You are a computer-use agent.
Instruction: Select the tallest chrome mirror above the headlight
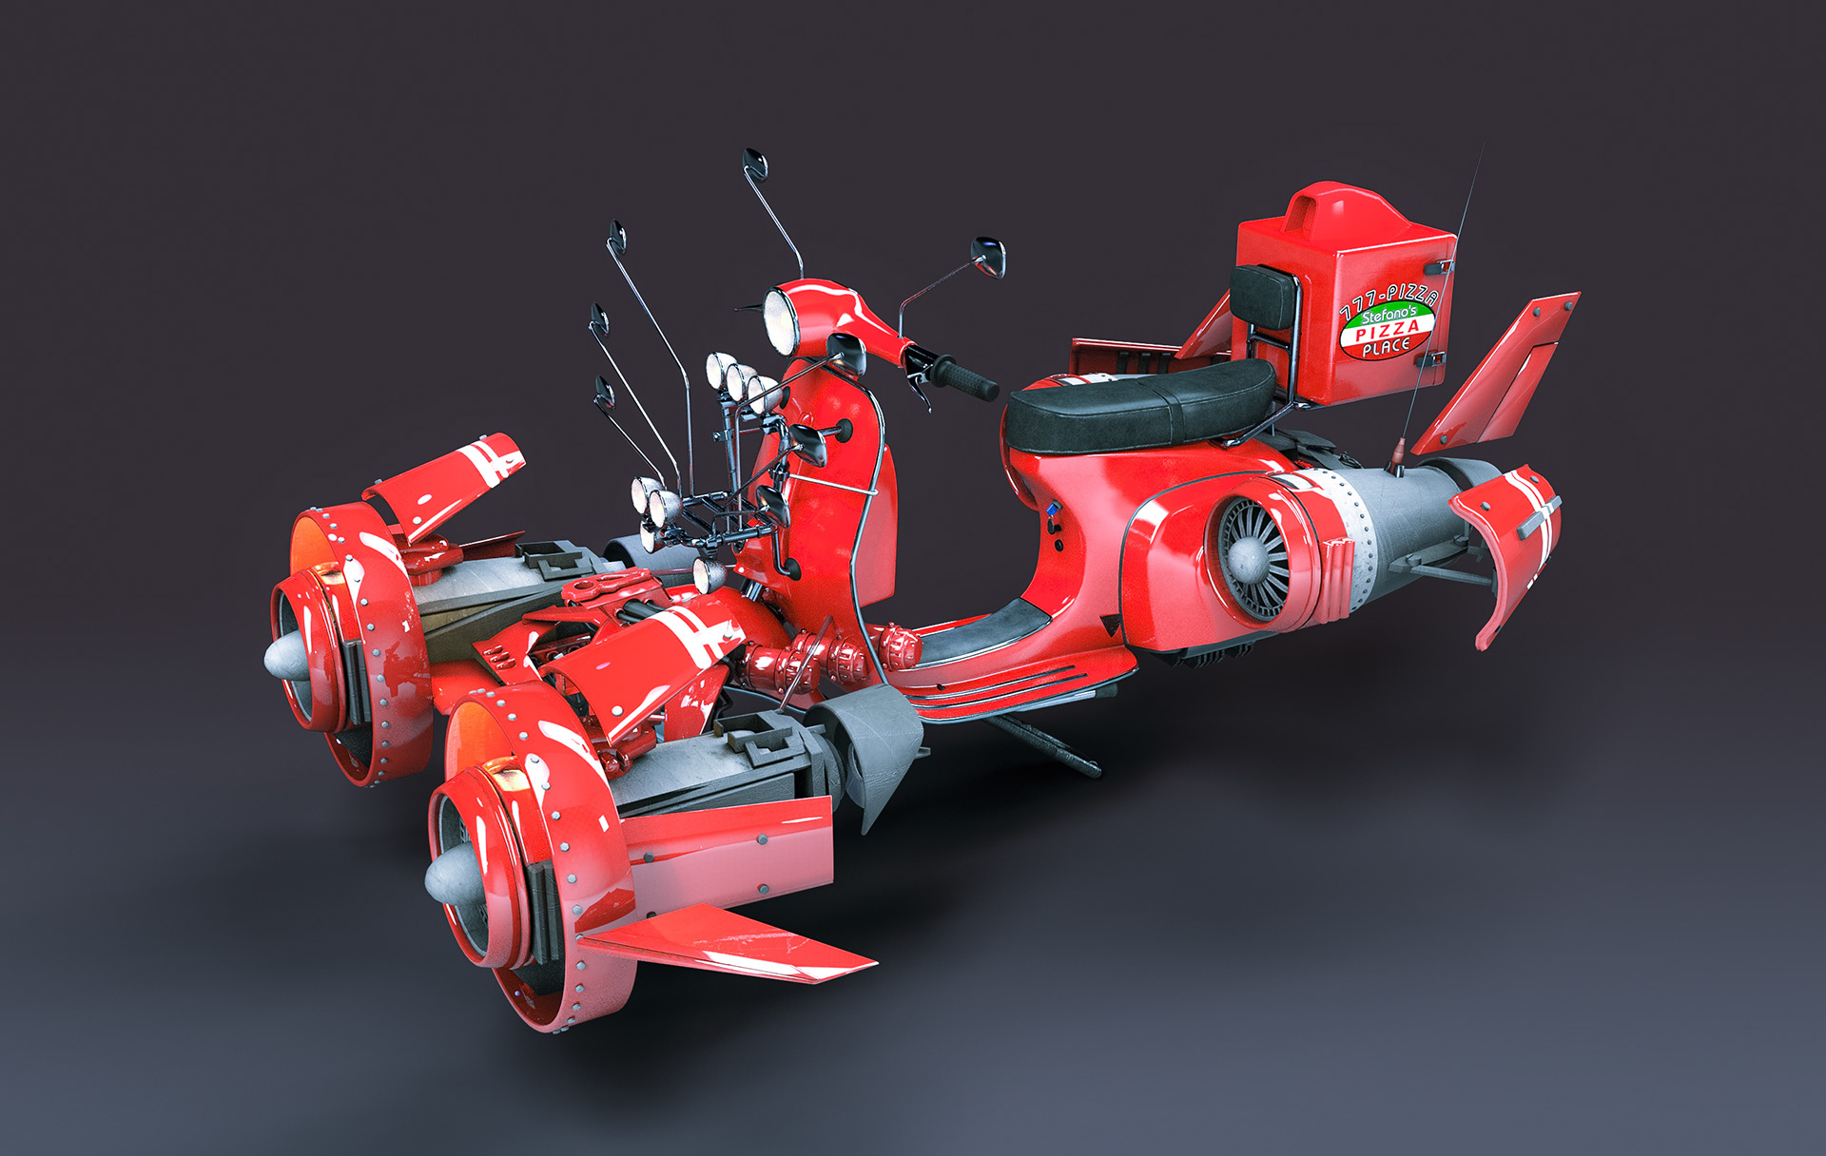772,211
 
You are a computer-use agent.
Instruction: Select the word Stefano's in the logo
1389,315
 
